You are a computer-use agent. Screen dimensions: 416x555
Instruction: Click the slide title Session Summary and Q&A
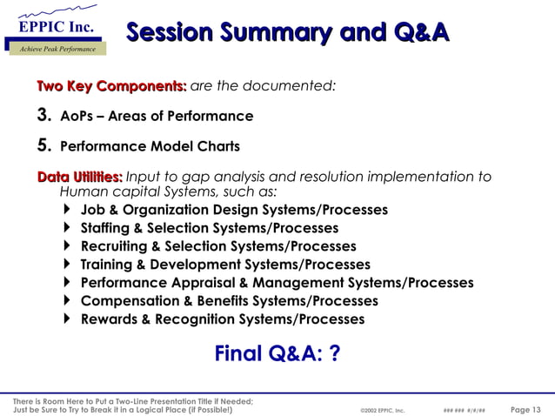pos(288,33)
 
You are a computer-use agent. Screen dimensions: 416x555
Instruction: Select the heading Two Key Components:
pos(111,86)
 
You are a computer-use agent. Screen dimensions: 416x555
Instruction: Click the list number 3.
pos(42,116)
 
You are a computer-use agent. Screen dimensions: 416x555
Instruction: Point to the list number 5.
pos(42,146)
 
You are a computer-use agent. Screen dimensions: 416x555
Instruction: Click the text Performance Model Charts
pos(150,146)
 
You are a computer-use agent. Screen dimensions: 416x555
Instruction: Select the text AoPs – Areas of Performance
pos(157,116)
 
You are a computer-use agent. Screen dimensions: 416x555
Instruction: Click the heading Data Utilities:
pos(79,177)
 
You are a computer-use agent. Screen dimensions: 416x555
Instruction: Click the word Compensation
pos(129,301)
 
